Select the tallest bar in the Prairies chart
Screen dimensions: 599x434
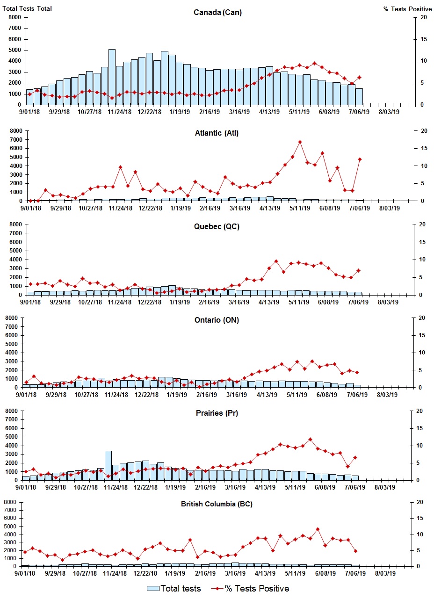[x=108, y=465]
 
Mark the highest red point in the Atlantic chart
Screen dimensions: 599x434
[x=300, y=142]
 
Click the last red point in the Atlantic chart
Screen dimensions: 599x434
[x=360, y=159]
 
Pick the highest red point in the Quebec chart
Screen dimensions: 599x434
[x=276, y=261]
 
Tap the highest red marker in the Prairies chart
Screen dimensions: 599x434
[x=310, y=440]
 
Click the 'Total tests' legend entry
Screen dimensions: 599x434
[x=174, y=588]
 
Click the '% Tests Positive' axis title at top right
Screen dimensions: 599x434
[x=407, y=9]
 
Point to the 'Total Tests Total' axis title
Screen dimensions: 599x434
[x=27, y=9]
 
